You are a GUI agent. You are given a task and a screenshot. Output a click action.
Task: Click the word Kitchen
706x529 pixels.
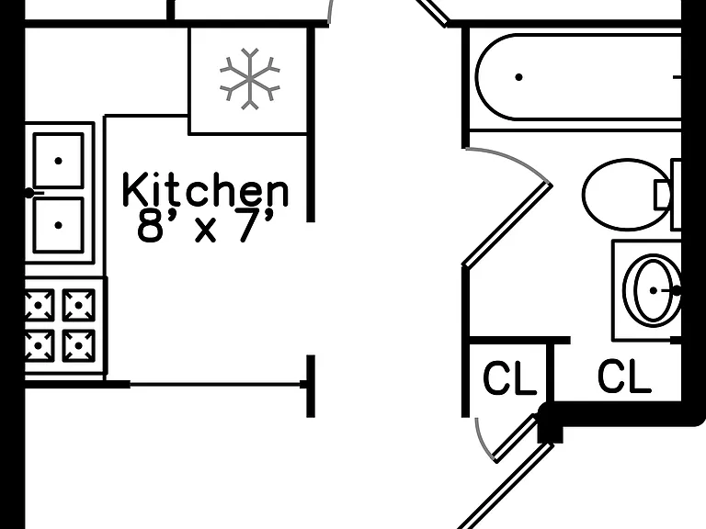205,189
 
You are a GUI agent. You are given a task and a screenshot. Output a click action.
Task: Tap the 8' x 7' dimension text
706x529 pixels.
205,226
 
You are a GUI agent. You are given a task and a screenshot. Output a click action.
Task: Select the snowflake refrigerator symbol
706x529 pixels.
250,79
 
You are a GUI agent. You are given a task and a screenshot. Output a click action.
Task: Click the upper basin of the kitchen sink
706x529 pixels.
58,161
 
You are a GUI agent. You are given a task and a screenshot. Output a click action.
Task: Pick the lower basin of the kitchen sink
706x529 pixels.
58,225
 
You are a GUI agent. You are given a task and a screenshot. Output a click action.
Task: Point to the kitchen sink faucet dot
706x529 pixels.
29,194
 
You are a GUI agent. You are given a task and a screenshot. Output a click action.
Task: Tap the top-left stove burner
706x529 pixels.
40,305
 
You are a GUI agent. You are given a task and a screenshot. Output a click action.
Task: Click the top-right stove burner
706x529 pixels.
79,305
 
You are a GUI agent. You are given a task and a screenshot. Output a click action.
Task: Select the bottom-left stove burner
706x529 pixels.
40,345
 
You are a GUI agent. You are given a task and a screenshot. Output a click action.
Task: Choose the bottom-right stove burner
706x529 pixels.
79,345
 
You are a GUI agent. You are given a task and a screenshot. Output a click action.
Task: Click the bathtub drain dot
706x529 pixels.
518,77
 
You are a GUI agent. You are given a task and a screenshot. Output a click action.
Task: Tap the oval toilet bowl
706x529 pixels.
627,195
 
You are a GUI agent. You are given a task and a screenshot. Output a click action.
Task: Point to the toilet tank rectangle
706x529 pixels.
676,195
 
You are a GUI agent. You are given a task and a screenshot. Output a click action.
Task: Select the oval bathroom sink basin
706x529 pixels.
653,290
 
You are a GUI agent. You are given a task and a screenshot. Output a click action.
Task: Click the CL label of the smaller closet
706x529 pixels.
509,377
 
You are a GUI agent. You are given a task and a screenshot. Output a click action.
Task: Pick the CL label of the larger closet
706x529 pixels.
624,375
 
